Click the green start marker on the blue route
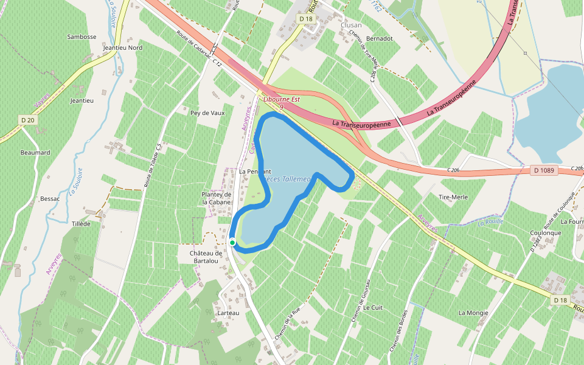pyautogui.click(x=232, y=243)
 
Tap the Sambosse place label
pyautogui.click(x=82, y=36)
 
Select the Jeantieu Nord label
pyautogui.click(x=123, y=47)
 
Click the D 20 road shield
pyautogui.click(x=27, y=120)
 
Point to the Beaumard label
pyautogui.click(x=35, y=153)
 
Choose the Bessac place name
pyautogui.click(x=50, y=198)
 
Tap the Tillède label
pyautogui.click(x=81, y=224)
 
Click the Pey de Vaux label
pyautogui.click(x=207, y=113)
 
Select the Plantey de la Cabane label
pyautogui.click(x=217, y=198)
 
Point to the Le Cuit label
pyautogui.click(x=373, y=308)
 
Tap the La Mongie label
pyautogui.click(x=473, y=313)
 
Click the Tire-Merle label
pyautogui.click(x=453, y=197)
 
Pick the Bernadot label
pyautogui.click(x=380, y=38)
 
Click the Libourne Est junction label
pyautogui.click(x=282, y=99)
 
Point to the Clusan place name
pyautogui.click(x=351, y=25)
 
